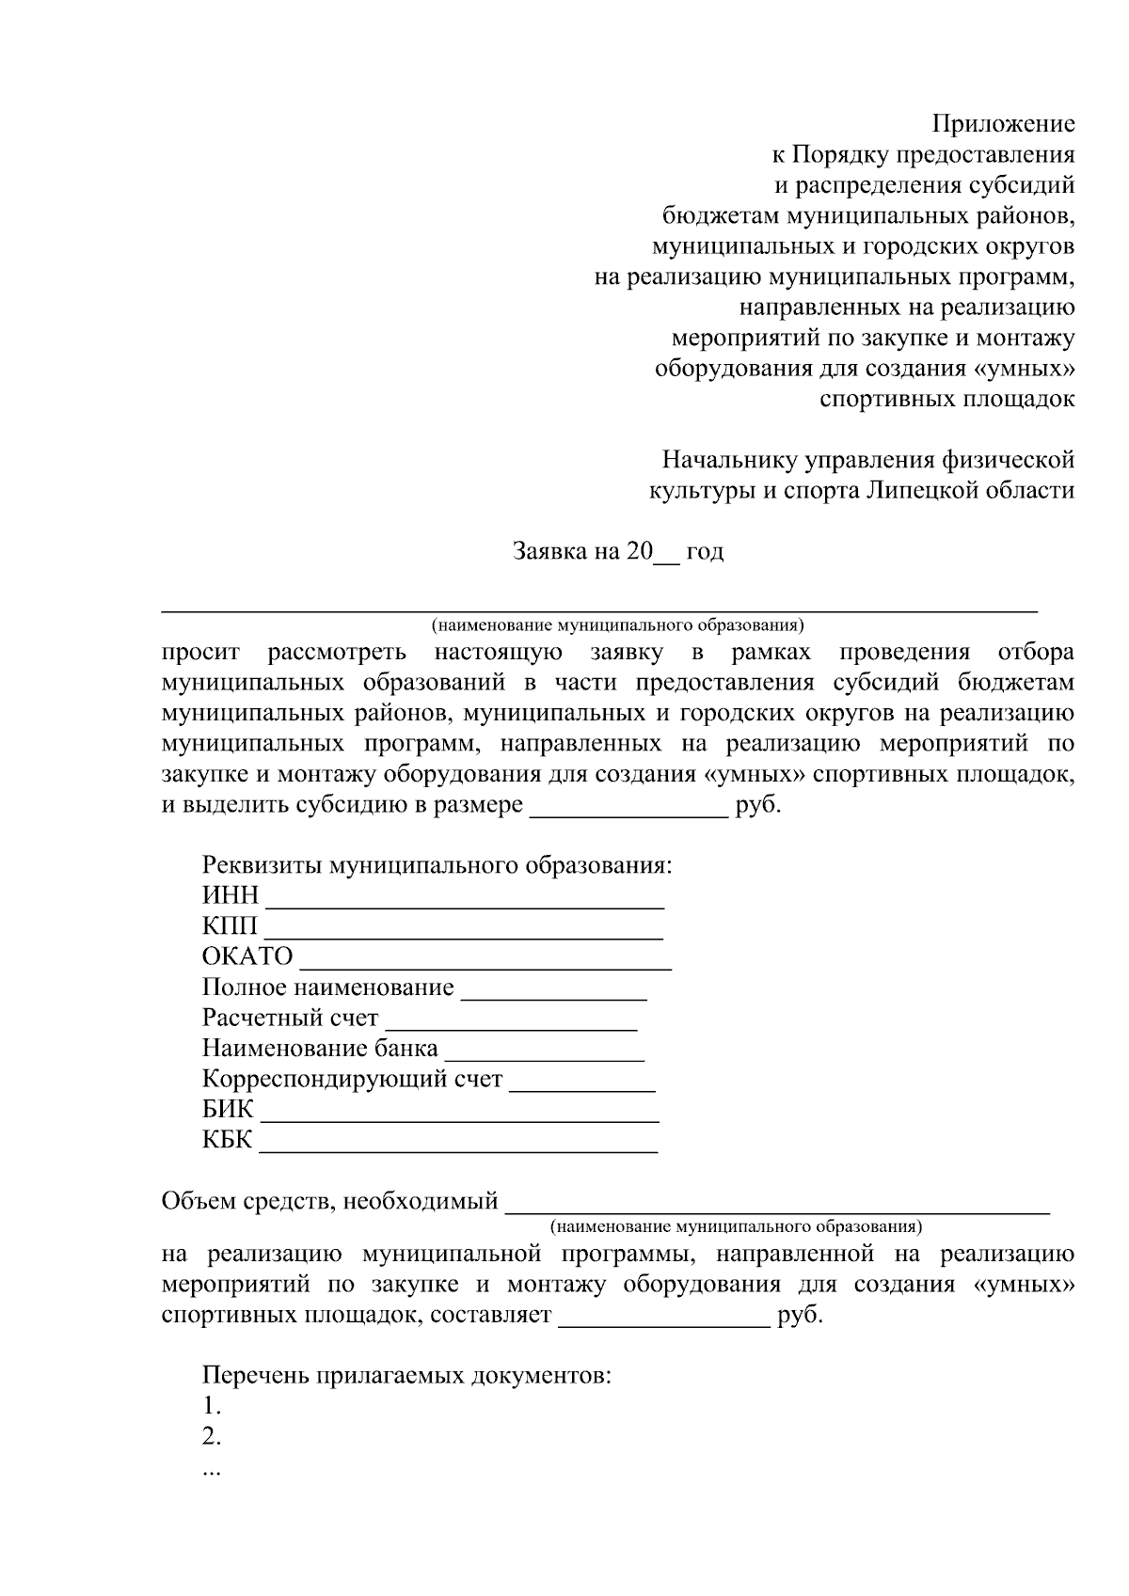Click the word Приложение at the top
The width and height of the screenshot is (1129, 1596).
pyautogui.click(x=1003, y=123)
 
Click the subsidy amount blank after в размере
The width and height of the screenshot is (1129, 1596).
pyautogui.click(x=629, y=814)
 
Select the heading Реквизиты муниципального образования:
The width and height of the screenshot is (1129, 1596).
pyautogui.click(x=437, y=864)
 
